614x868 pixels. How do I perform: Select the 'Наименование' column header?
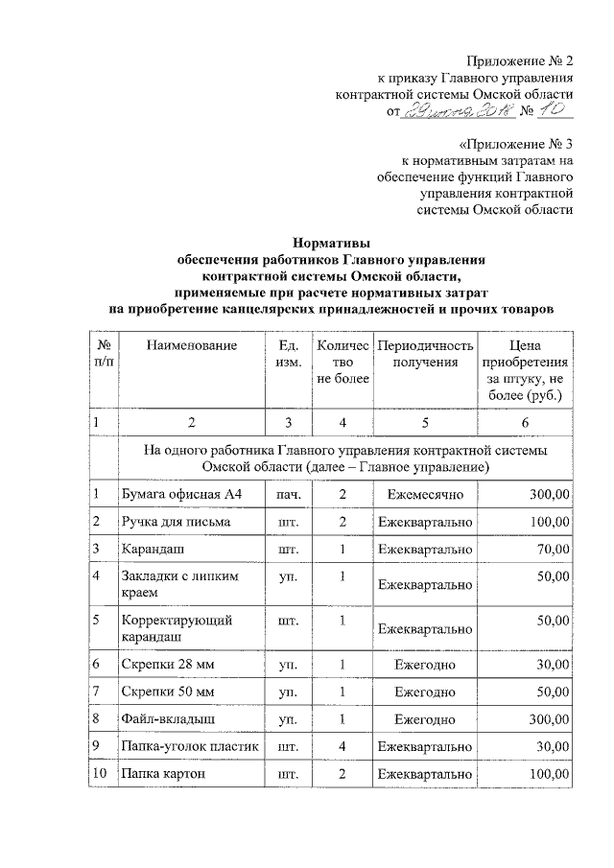[x=191, y=344]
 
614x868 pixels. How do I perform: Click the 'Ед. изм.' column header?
[x=289, y=353]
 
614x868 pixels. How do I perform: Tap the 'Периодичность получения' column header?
[x=425, y=353]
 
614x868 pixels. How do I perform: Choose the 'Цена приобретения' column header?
[x=525, y=369]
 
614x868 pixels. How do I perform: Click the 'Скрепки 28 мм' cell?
[x=162, y=663]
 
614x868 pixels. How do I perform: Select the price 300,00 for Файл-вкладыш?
[x=545, y=717]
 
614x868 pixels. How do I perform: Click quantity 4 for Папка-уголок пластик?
[x=342, y=745]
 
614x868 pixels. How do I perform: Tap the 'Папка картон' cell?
[x=161, y=773]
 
